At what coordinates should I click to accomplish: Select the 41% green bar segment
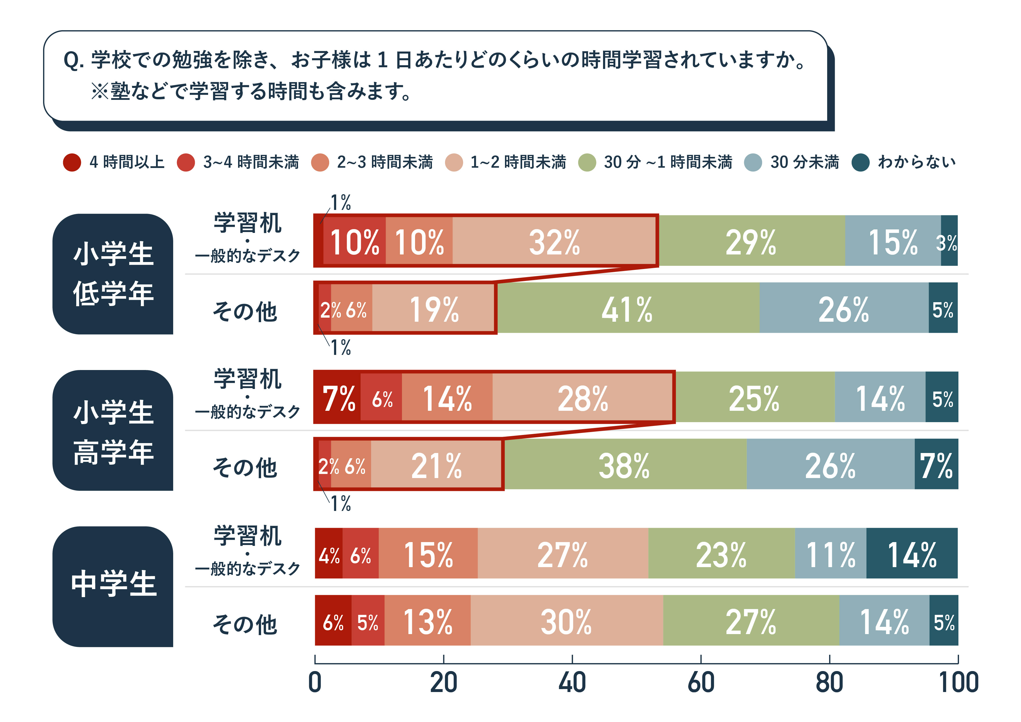click(x=627, y=308)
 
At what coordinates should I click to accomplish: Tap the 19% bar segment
click(x=434, y=308)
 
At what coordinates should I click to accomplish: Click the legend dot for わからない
click(x=860, y=162)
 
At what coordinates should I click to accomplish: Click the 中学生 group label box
click(x=113, y=586)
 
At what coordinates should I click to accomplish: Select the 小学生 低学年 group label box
click(x=113, y=274)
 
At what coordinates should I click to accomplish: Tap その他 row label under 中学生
click(x=245, y=624)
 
